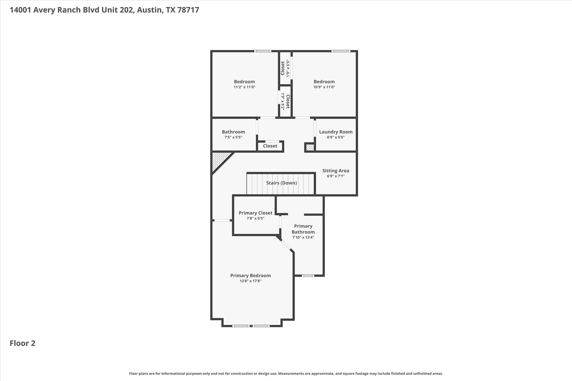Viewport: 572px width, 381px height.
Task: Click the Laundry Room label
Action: pos(336,132)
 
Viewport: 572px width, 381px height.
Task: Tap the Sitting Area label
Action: pos(336,171)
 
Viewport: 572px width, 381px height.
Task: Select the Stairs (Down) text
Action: pos(281,183)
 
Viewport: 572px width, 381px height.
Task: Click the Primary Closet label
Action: pos(255,213)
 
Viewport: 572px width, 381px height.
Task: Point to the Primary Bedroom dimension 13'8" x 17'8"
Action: pos(250,281)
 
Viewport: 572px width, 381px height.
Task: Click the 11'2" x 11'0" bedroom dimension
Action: pos(244,87)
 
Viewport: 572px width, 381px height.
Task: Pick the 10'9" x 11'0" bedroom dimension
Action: pos(324,87)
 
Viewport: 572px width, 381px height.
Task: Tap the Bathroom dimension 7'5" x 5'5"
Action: pos(233,137)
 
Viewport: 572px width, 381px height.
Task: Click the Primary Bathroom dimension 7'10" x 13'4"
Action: pos(303,238)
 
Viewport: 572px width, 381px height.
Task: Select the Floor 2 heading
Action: pos(22,343)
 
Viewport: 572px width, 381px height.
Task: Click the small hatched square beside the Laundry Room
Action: pos(310,147)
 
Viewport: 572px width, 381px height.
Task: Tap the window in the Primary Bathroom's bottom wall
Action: pos(308,276)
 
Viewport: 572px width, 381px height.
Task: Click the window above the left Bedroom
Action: pos(263,51)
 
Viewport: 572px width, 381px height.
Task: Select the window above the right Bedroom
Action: pos(341,51)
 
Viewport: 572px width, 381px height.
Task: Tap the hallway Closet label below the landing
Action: pos(270,146)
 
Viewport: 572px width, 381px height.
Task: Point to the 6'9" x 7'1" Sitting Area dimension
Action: pos(336,176)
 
